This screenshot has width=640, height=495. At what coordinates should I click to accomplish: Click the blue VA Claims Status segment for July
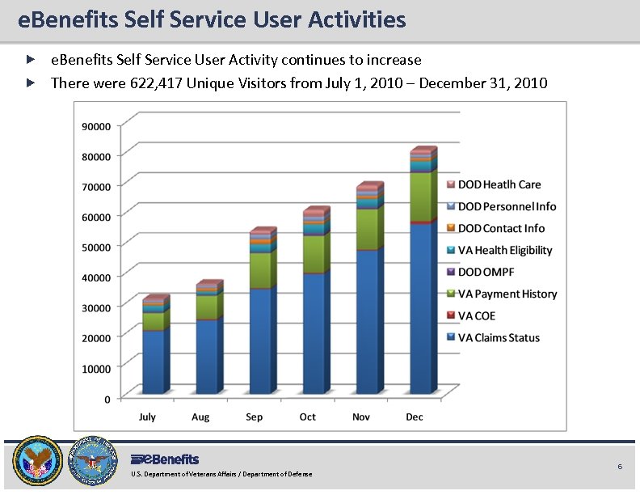click(x=154, y=362)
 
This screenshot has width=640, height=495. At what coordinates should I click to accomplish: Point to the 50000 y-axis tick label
click(x=96, y=246)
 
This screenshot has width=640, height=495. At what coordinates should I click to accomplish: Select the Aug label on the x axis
click(x=200, y=417)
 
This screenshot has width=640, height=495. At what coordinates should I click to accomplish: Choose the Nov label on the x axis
click(x=361, y=417)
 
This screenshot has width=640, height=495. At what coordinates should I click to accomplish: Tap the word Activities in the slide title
click(x=357, y=19)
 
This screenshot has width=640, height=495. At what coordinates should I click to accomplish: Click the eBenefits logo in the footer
click(x=165, y=459)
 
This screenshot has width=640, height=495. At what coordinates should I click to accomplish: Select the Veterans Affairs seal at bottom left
click(x=36, y=462)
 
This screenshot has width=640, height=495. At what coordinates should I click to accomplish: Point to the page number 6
click(x=620, y=467)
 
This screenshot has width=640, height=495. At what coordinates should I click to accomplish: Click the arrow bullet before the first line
click(x=30, y=60)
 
